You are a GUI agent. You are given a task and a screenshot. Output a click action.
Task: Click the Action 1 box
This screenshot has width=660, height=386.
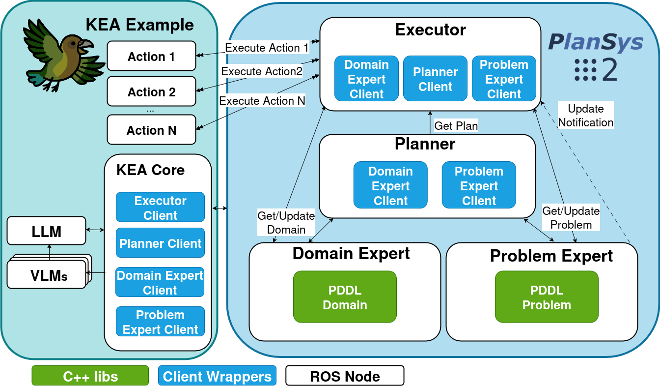point(151,56)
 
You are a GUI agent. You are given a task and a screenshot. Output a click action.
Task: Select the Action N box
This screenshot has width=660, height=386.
point(151,130)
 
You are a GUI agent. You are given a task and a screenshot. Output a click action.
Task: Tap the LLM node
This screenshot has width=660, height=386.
point(46,231)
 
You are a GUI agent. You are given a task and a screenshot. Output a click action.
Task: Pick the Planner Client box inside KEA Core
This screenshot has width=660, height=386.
point(160,243)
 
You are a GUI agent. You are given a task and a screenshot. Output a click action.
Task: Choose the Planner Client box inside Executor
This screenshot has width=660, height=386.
point(435,79)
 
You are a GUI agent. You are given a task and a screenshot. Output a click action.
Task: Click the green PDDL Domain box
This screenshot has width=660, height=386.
point(345,297)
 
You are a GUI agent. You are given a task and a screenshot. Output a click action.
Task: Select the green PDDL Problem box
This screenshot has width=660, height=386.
point(547,297)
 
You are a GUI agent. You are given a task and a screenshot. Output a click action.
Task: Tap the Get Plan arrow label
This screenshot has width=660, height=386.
point(456,126)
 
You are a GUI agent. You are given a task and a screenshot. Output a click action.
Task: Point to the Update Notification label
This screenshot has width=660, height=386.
point(586,116)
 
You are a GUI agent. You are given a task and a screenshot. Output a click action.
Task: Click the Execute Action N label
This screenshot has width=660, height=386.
point(262,101)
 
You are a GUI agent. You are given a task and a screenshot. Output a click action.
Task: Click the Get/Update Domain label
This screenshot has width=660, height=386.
point(286,222)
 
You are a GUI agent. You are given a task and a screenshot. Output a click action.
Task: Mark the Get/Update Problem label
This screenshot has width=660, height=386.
point(571,218)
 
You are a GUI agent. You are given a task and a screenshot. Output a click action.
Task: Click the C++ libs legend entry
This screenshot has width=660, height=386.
point(90,376)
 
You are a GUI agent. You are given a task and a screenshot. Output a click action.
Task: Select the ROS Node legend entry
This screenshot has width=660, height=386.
point(345,376)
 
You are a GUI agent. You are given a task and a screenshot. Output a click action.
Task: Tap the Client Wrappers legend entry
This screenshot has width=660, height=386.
point(217,376)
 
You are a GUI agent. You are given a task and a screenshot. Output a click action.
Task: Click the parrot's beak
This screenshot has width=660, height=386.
point(85,45)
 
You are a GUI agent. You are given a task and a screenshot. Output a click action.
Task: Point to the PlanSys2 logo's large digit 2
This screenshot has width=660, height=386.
point(609,70)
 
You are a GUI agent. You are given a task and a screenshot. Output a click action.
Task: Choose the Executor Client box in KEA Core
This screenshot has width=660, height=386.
point(160,208)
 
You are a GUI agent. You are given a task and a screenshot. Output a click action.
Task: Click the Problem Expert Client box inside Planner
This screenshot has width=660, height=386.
point(479,185)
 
